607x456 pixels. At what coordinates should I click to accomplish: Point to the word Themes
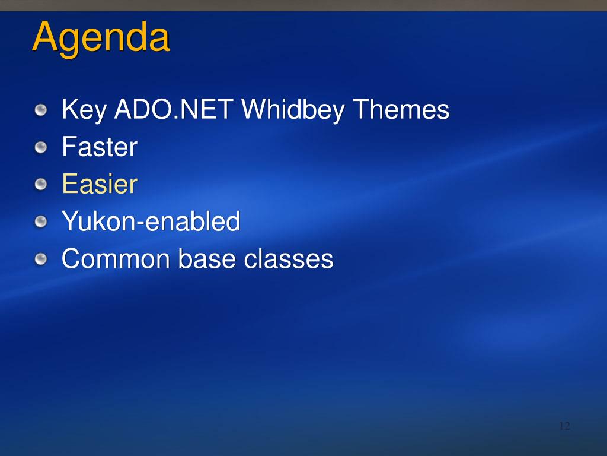[401, 109]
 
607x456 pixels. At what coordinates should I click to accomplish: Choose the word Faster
[100, 147]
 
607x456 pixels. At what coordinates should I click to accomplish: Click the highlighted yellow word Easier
[100, 184]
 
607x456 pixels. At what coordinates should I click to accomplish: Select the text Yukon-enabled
[151, 221]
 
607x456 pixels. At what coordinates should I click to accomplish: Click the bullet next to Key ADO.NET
[41, 110]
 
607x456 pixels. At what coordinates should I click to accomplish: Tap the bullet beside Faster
[41, 147]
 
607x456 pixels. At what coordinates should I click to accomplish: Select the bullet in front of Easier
[41, 185]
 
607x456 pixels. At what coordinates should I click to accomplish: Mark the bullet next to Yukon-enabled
[41, 222]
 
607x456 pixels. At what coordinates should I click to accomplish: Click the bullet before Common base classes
[41, 259]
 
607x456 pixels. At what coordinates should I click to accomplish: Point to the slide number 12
[565, 426]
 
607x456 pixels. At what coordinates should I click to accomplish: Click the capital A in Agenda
[46, 36]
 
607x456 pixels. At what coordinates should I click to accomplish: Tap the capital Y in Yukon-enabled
[71, 221]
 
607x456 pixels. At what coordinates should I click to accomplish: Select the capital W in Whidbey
[256, 109]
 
